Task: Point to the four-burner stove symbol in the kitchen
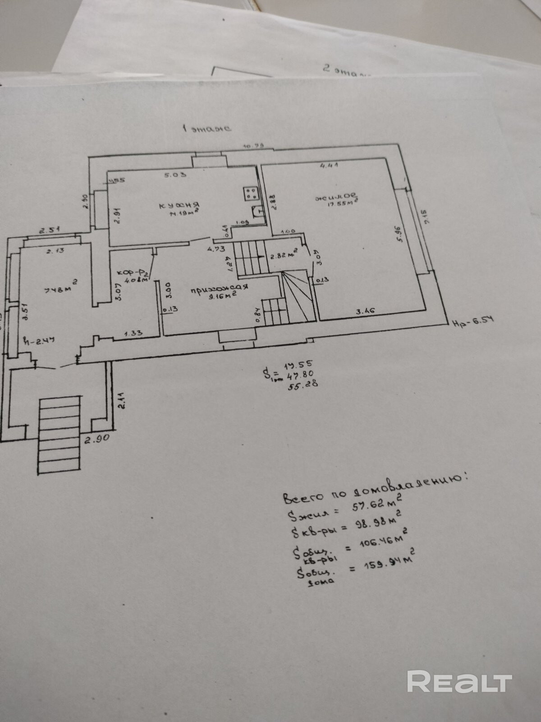[x=251, y=194]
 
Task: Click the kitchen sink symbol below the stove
[x=258, y=212]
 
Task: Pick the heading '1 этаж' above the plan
[x=206, y=128]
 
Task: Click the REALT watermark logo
[x=459, y=681]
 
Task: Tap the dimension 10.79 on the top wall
[x=253, y=146]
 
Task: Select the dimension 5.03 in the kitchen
[x=175, y=175]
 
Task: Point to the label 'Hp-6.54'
[x=472, y=320]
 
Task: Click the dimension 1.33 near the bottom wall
[x=133, y=333]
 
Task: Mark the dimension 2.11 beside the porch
[x=121, y=400]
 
